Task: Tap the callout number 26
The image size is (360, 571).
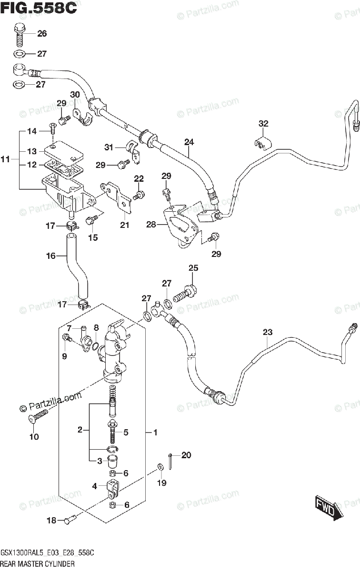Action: [x=42, y=34]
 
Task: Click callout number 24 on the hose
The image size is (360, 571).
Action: [x=189, y=142]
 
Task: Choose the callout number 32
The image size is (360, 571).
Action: [x=264, y=124]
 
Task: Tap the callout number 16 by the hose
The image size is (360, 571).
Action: [x=51, y=256]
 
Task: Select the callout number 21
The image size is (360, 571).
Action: [x=124, y=225]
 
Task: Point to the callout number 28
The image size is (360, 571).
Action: [x=151, y=224]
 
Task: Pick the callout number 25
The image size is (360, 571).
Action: [x=193, y=268]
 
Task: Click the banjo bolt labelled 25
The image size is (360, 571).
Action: [x=185, y=292]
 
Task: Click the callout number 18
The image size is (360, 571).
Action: [x=51, y=521]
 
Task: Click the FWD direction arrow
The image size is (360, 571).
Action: [x=328, y=507]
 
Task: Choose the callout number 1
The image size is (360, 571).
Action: [x=155, y=433]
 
